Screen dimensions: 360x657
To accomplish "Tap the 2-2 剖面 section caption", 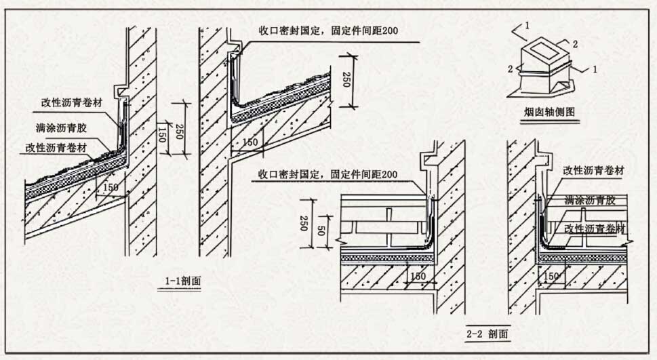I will pyautogui.click(x=487, y=334).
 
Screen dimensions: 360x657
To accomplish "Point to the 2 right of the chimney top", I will pyautogui.click(x=574, y=44).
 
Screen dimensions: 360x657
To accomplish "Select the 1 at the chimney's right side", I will pyautogui.click(x=595, y=68).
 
